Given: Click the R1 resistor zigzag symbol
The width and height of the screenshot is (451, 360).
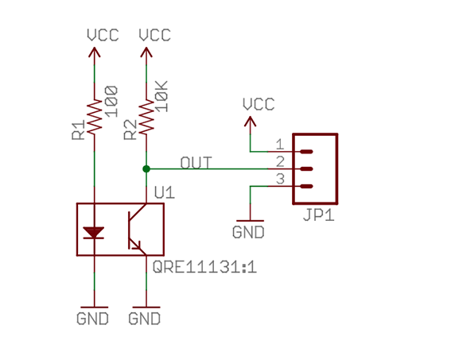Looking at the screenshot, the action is point(95,116).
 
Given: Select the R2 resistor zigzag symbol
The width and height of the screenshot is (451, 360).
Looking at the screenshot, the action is point(146,116).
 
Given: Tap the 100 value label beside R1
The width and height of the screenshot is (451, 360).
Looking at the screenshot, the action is point(111,102).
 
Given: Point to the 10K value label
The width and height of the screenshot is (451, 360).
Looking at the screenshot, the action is point(162,96).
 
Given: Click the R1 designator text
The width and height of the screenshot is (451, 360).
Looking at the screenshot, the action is point(79,130).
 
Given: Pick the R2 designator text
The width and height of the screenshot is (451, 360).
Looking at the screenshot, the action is point(130,130).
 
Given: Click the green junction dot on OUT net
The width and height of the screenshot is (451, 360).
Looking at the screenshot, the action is point(146,169).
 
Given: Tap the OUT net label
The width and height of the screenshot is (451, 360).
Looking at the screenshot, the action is point(196,163).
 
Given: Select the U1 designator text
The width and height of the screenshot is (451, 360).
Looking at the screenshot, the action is point(165,192).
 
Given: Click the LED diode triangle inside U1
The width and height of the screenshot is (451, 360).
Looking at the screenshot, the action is point(94,233).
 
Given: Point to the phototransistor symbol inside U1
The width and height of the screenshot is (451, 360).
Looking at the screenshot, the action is point(137,230).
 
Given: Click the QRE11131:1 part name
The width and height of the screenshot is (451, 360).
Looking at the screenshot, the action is point(204,267).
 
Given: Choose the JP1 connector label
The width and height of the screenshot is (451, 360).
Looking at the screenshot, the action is point(319,215).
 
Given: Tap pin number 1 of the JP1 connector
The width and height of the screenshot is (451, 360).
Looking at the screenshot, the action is point(280,144).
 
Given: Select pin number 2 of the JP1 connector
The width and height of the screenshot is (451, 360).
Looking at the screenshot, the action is point(280,162).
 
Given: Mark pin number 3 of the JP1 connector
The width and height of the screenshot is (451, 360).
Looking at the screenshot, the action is point(280,179).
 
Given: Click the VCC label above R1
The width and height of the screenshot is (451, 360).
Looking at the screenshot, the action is point(103,35).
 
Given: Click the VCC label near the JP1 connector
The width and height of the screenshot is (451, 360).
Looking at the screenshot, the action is point(259,104).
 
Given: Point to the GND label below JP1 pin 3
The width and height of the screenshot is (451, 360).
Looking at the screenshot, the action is point(248,232).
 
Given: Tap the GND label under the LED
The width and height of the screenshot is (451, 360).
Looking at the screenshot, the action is point(92,319).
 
